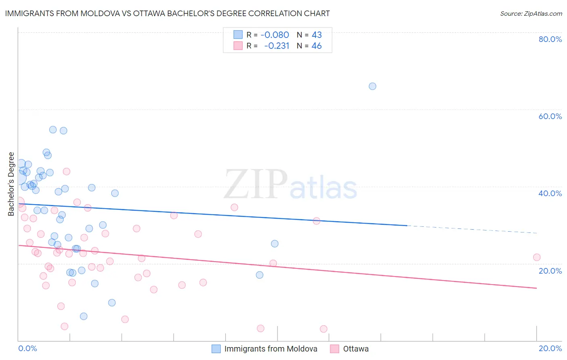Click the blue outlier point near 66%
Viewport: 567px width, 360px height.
coord(372,86)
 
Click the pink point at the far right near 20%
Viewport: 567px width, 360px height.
coord(536,257)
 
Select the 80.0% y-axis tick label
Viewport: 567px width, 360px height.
coord(550,39)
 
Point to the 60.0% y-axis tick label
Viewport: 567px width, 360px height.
coord(550,116)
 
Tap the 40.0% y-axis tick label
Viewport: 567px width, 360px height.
coord(550,193)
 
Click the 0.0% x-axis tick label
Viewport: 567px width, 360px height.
coord(27,348)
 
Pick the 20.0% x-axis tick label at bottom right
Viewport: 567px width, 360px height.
coord(550,348)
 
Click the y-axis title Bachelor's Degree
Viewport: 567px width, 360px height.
coord(11,184)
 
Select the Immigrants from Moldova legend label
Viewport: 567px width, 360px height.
coord(271,349)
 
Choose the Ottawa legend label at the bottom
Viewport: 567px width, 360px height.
coord(356,349)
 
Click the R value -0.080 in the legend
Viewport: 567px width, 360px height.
coord(275,35)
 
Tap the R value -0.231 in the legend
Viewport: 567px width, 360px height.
coord(277,46)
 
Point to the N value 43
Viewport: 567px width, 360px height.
coord(317,35)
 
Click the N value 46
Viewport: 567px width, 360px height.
coord(317,46)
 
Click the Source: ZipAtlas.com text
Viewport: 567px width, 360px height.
coord(531,14)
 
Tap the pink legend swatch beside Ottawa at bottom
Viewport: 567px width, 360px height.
coord(334,349)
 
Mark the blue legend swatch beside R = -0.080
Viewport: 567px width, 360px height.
coord(238,35)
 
